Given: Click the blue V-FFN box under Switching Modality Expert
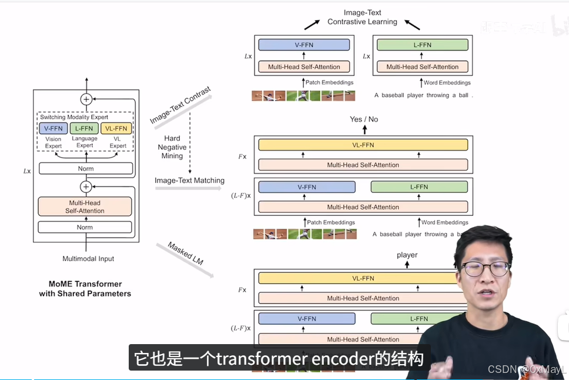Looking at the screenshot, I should coord(53,129).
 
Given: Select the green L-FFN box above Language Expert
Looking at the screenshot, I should coord(85,129).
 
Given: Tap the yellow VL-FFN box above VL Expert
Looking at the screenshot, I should coord(116,129).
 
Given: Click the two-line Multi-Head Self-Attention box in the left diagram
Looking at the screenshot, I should coord(85,206).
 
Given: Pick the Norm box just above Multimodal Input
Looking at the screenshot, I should coord(85,227).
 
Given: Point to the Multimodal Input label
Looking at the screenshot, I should coord(88,259).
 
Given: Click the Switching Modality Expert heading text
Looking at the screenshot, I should coord(74,117).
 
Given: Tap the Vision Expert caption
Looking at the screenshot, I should coord(53,142).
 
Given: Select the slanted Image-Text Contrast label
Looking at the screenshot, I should coord(180,106).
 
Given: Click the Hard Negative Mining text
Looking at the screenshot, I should coord(172,147).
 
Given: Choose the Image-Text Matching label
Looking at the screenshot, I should coord(189,181).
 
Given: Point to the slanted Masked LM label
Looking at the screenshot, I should coord(185,253).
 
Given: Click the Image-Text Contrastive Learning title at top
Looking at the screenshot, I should coord(362,17).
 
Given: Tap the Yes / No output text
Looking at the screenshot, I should coord(364,119).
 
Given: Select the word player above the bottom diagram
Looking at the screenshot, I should coord(407,255).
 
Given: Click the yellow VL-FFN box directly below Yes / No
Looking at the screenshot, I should coord(363,145).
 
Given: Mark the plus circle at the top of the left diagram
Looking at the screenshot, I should coord(86,99).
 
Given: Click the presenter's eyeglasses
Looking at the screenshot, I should coord(486,269).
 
